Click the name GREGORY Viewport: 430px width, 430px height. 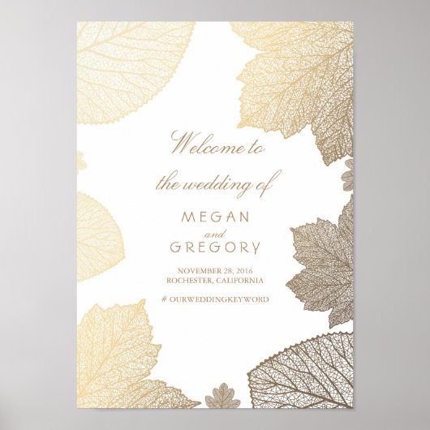[x=215, y=247]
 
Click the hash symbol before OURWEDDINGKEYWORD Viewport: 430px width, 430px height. [x=166, y=299]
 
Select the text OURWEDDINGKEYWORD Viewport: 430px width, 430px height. [x=221, y=299]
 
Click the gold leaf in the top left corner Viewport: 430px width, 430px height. [x=130, y=65]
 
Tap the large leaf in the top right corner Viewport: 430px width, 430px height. [x=300, y=73]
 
